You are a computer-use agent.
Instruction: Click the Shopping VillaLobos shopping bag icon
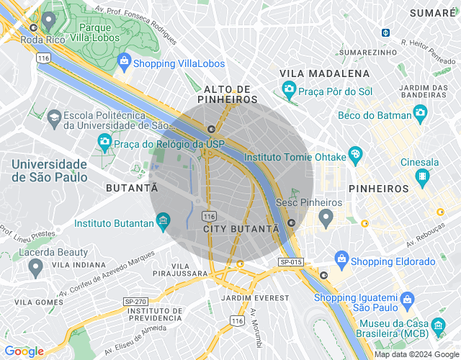click(124, 61)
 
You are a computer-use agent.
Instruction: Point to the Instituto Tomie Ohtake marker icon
click(354, 154)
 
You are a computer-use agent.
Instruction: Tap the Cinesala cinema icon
click(421, 176)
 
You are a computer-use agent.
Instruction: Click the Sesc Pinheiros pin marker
click(326, 217)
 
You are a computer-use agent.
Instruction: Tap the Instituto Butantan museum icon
click(164, 219)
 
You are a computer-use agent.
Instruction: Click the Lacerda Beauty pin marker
click(35, 268)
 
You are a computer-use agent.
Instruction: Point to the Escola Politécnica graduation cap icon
click(54, 116)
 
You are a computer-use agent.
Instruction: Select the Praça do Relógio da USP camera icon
click(104, 142)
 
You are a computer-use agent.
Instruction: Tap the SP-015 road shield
click(291, 262)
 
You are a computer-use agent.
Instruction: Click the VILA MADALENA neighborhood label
click(324, 73)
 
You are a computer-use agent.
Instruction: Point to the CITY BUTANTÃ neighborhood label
click(241, 228)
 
